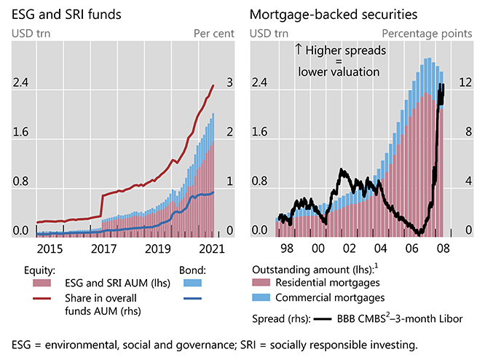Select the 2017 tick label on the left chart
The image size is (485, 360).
coord(105,249)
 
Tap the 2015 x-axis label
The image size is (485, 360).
coord(48,249)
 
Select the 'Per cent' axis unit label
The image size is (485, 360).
coord(214,33)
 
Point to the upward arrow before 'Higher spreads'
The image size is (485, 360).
coord(298,50)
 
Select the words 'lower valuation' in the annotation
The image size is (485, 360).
coord(339,72)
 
